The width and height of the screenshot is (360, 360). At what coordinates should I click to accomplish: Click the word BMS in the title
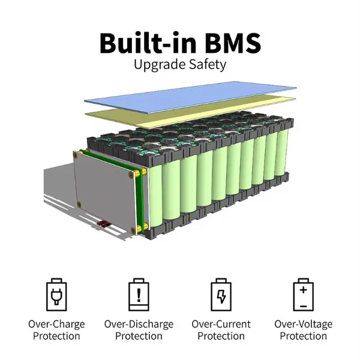[233, 43]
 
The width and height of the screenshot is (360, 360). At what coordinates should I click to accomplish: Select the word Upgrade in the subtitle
[157, 65]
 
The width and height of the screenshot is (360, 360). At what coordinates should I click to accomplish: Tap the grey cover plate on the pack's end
[104, 192]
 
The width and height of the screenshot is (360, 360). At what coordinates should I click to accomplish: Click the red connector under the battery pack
[103, 224]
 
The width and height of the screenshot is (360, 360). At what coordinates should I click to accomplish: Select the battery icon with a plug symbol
[56, 295]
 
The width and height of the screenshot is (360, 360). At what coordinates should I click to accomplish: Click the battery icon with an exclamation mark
[139, 295]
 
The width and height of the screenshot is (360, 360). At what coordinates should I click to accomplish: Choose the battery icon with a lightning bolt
[221, 295]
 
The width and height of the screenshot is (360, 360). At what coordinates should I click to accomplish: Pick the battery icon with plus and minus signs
[303, 295]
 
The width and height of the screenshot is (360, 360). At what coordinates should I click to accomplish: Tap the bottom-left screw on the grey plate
[79, 204]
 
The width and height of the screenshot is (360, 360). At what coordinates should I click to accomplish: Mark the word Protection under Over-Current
[221, 336]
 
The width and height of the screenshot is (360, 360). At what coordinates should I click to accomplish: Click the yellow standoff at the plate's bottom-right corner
[140, 229]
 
